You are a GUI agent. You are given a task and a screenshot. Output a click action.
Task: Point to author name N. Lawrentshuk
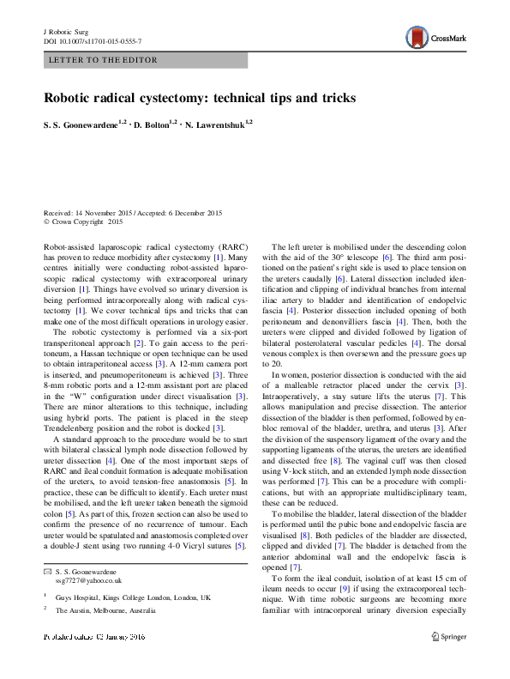pyautogui.click(x=216, y=125)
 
